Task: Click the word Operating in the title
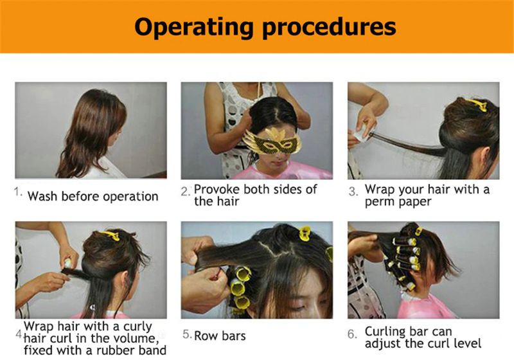click(x=194, y=28)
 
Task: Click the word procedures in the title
click(x=329, y=28)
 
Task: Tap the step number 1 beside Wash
click(x=18, y=192)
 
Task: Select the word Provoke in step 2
click(x=217, y=189)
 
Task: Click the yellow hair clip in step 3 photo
click(x=476, y=104)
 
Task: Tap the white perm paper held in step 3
click(x=360, y=132)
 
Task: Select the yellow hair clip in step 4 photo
click(x=110, y=235)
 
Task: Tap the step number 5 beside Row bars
click(x=187, y=334)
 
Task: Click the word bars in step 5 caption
click(x=233, y=336)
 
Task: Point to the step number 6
click(x=352, y=334)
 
